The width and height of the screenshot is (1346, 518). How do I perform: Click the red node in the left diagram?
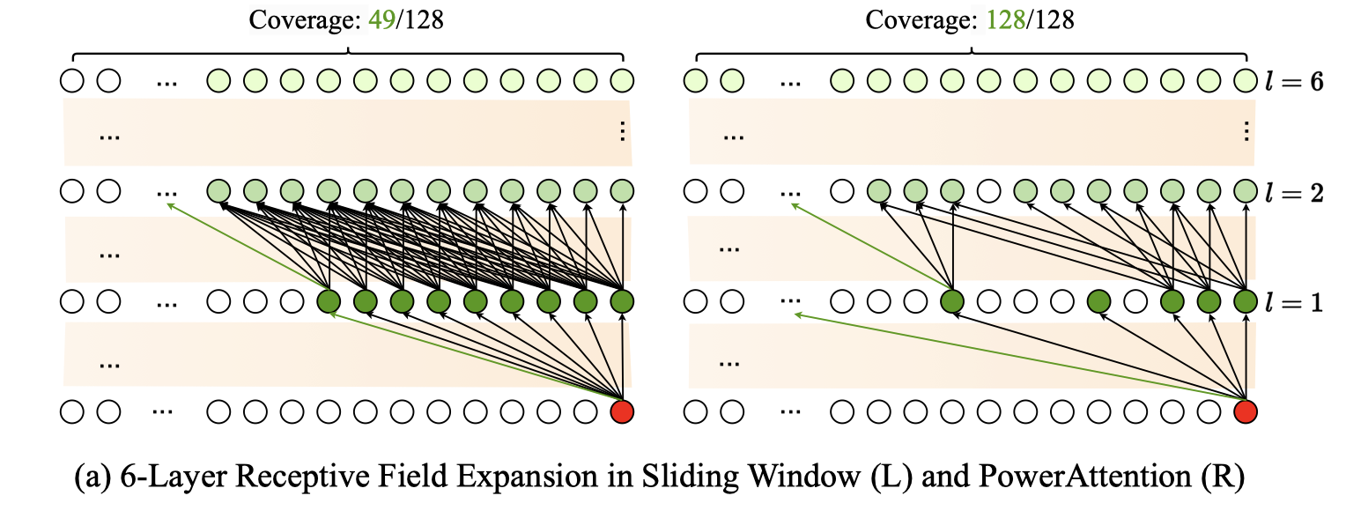(622, 412)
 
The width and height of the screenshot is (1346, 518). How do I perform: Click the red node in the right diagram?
(1246, 412)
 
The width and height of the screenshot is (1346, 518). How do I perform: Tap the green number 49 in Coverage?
(381, 20)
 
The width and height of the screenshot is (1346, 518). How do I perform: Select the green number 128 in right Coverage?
(1006, 20)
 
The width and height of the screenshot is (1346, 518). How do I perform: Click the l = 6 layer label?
(1294, 81)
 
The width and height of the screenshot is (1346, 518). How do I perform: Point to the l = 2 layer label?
(1294, 193)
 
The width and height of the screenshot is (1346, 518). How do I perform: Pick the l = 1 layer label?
(1294, 303)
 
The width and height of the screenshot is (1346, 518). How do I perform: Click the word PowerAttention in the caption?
(1085, 477)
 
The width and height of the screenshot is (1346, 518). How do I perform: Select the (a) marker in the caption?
(93, 477)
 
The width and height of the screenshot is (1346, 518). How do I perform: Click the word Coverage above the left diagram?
(305, 21)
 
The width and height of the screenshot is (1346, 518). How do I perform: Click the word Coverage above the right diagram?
(921, 21)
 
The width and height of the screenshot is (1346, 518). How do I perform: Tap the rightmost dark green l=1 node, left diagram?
(622, 301)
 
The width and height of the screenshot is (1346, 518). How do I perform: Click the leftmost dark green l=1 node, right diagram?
(952, 301)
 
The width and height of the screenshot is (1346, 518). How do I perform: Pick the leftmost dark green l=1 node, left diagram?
(329, 301)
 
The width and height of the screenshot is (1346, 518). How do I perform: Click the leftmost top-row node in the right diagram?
(695, 80)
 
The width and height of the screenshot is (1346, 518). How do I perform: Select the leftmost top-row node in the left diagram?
(72, 80)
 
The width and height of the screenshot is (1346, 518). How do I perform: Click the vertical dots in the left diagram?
(623, 131)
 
